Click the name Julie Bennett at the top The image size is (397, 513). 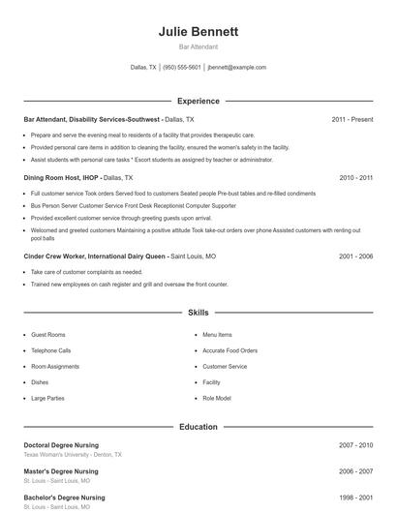(x=198, y=32)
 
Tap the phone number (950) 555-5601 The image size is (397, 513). (x=182, y=68)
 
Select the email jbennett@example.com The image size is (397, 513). (x=236, y=68)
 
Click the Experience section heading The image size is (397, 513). (x=198, y=101)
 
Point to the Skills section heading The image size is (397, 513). (x=198, y=313)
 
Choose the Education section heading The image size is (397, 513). (x=198, y=426)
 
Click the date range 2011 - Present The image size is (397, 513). (x=351, y=119)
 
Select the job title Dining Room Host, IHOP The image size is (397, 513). (x=61, y=178)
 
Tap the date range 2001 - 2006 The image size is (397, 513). (x=355, y=256)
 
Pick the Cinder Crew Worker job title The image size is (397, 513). (x=95, y=256)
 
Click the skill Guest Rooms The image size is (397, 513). (x=48, y=335)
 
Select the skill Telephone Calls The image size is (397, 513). (x=51, y=350)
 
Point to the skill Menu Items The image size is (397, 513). (x=217, y=335)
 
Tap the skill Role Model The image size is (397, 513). (x=216, y=398)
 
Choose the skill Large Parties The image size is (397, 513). (x=47, y=398)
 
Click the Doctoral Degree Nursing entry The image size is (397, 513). (x=61, y=445)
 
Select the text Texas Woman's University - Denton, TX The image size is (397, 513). (x=73, y=454)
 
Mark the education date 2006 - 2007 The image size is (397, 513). (x=355, y=471)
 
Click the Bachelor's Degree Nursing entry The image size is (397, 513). (x=64, y=498)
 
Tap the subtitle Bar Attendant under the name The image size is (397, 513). (x=198, y=46)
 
